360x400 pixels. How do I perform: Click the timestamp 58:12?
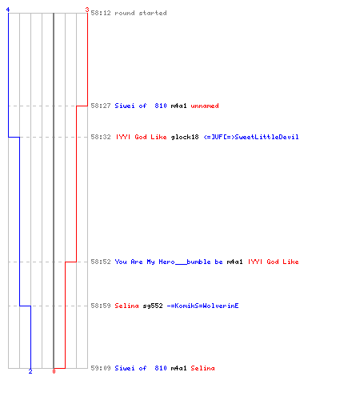coord(101,13)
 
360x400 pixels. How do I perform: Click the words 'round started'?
coord(141,13)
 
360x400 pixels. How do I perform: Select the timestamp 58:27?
coord(101,106)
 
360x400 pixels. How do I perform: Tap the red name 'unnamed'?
coord(205,106)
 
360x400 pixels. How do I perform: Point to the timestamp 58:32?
coord(101,137)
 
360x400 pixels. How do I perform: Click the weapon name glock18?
coord(185,137)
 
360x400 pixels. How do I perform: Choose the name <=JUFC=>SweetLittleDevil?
coord(251,137)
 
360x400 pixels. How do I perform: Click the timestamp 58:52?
coord(101,262)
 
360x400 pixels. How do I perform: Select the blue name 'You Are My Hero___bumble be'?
coord(169,262)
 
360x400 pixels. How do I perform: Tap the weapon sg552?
coord(153,306)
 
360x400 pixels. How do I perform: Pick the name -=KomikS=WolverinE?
coord(202,306)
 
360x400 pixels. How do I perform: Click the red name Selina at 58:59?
coord(126,306)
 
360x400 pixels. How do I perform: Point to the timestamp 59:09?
coord(101,368)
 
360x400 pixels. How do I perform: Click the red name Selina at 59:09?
coord(202,368)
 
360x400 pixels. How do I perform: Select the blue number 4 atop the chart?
coord(8,10)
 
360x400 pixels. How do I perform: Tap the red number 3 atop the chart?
coord(86,10)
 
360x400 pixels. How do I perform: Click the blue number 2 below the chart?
coord(30,371)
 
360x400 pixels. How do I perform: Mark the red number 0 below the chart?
coord(54,371)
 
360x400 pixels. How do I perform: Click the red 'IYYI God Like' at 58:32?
coord(141,137)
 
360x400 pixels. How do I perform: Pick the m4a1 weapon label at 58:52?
coord(234,262)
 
